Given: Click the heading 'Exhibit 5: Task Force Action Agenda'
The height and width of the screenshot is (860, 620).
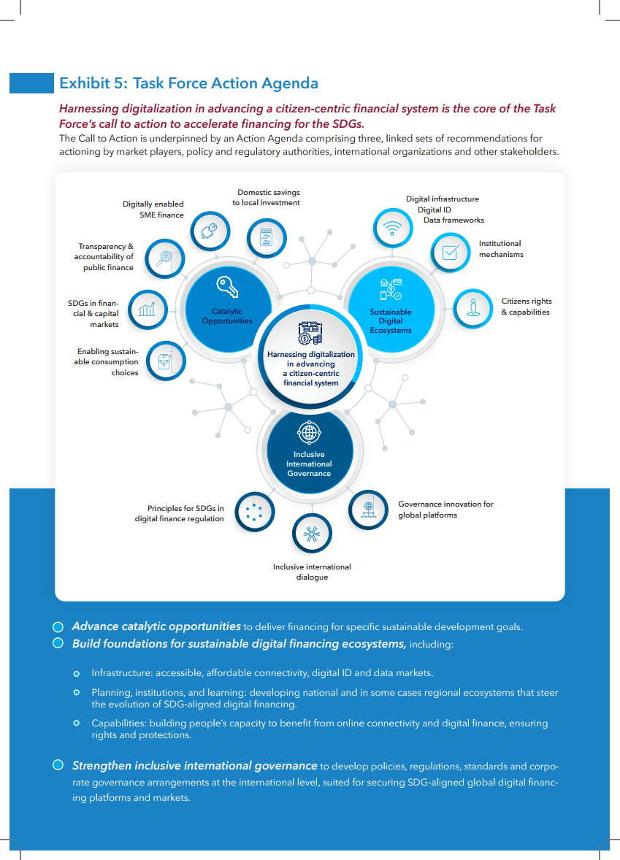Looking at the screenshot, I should pos(188,83).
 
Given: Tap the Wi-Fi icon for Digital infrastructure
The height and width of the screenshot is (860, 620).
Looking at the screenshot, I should pos(393,229).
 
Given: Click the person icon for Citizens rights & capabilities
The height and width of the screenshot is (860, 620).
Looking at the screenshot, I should pos(473,307).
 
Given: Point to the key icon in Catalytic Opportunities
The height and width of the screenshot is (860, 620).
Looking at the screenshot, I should pos(227,287).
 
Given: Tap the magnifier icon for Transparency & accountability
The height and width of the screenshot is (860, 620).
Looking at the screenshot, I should pos(164,257).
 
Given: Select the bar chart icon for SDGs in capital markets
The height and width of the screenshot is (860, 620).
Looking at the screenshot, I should pos(148,310).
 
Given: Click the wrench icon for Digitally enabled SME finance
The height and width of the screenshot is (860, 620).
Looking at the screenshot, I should pos(209,231).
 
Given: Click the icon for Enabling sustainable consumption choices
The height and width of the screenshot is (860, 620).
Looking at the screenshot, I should pos(165,360).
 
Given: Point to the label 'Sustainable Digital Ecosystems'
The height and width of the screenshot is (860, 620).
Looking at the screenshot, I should pos(391,321).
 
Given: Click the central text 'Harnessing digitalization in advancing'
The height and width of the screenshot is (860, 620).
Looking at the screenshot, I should pos(311,358).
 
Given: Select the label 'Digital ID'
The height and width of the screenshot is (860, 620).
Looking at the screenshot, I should pos(434,210).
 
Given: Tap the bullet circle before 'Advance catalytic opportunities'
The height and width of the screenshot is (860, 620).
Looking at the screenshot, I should pos(58,626).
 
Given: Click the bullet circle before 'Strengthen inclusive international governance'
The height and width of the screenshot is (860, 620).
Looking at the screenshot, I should pos(58,765).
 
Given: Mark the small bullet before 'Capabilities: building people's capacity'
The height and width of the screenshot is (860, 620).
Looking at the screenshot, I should pos(76,723).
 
